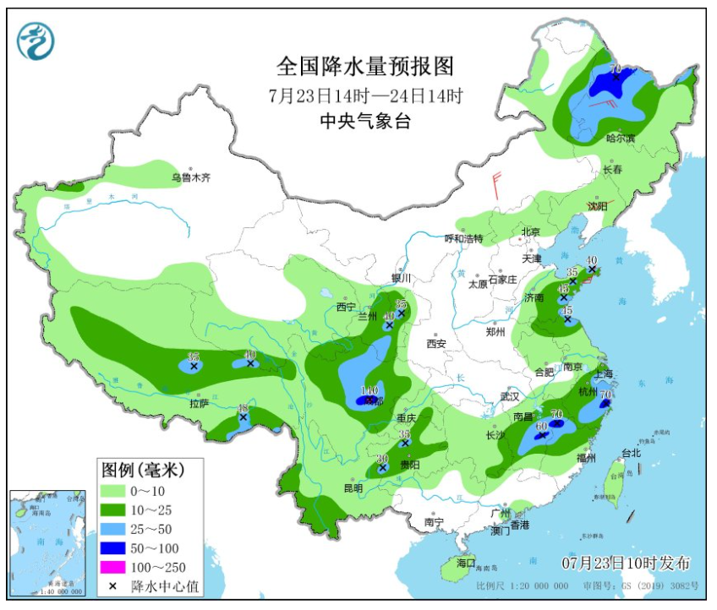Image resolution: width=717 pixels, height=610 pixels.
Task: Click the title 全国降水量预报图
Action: [365, 66]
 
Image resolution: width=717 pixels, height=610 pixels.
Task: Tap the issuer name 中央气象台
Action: [365, 122]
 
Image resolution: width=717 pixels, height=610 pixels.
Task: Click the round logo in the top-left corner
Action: [36, 41]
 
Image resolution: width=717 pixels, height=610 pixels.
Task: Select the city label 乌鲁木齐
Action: [190, 178]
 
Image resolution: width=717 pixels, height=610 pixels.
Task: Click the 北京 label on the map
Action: [530, 231]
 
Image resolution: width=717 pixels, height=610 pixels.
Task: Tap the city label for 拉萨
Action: [199, 404]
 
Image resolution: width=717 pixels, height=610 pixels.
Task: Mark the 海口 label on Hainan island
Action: [466, 563]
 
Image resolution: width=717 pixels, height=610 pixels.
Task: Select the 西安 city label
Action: [435, 344]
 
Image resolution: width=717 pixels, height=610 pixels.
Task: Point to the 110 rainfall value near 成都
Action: [368, 390]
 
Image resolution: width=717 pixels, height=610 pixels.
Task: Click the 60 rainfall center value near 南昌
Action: [542, 427]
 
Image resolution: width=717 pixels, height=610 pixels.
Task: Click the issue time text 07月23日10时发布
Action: [626, 563]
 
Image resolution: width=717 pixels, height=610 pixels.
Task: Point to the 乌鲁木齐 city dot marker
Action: [191, 169]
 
